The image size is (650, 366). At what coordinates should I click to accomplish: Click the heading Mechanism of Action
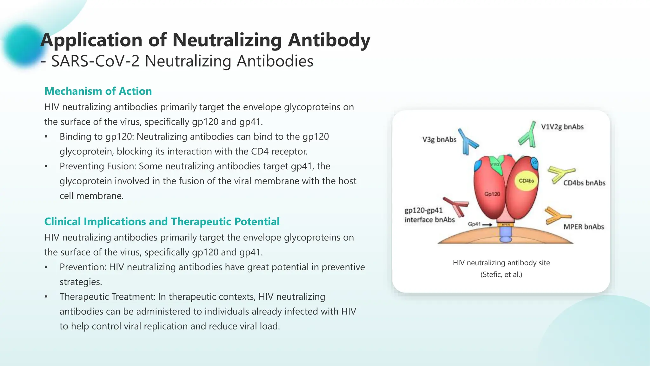[x=98, y=91]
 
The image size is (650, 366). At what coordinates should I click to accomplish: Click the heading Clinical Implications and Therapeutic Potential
[x=162, y=221]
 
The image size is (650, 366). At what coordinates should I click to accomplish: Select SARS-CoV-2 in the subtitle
[x=95, y=61]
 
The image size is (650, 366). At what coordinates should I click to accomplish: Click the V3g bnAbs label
[x=439, y=139]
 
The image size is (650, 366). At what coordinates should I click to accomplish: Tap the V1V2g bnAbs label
[x=562, y=127]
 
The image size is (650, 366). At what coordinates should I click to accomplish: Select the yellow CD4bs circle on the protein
[x=526, y=181]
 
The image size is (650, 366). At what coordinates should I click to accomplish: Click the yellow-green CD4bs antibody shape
[x=560, y=174]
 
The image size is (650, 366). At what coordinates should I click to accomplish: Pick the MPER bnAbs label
[x=583, y=227]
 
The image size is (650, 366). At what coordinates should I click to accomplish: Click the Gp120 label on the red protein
[x=492, y=194]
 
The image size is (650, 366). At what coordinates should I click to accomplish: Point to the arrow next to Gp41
[x=487, y=225]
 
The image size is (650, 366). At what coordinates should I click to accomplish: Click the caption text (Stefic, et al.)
[x=501, y=274]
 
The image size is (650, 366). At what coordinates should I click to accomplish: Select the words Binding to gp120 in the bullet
[x=97, y=137]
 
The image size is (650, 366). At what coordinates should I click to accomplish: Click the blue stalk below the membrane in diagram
[x=506, y=235]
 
